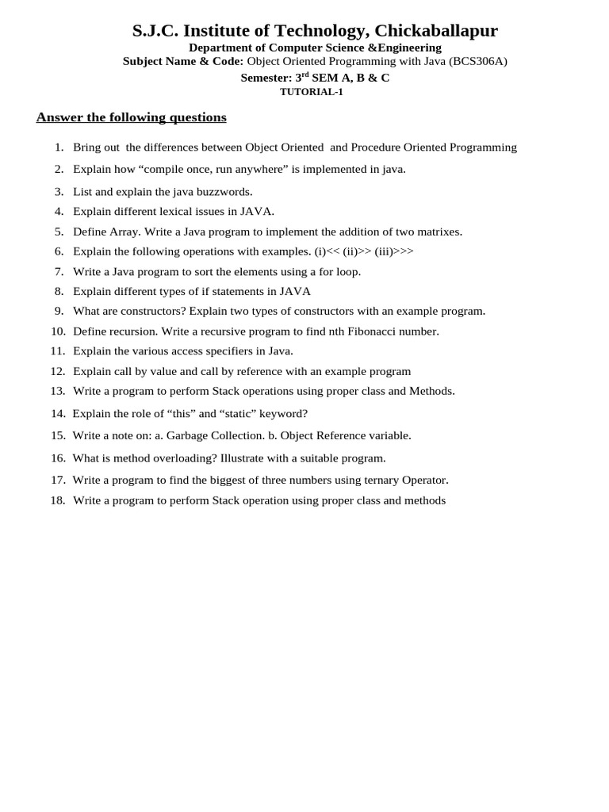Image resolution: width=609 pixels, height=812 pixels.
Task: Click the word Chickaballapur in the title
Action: pyautogui.click(x=436, y=31)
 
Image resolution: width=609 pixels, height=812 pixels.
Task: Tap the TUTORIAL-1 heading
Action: pyautogui.click(x=312, y=92)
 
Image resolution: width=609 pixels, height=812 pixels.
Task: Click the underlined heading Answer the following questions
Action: pyautogui.click(x=132, y=117)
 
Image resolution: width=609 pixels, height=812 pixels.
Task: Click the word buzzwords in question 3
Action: pyautogui.click(x=224, y=192)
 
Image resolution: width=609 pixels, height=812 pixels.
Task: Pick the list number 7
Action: pyautogui.click(x=59, y=271)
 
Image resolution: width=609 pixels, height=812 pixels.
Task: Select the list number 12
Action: pyautogui.click(x=57, y=371)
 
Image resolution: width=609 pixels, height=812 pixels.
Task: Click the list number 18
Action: pyautogui.click(x=57, y=500)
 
